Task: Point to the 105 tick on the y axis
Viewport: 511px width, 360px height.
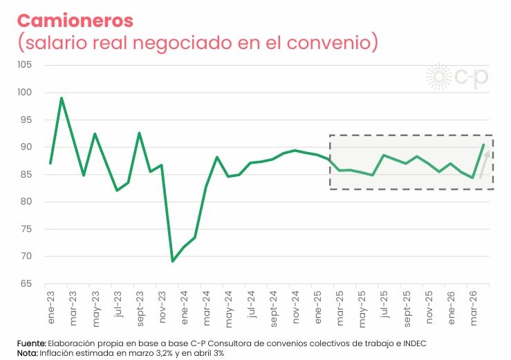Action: [25, 65]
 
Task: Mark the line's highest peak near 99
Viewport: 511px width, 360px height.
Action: [62, 98]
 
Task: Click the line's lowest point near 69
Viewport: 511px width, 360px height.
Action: [172, 261]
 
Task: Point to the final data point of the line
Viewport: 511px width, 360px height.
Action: [483, 144]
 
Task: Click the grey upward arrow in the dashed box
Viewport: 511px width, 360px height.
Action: [484, 164]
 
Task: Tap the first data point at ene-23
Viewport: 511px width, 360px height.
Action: [50, 163]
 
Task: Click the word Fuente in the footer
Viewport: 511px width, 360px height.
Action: [32, 343]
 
